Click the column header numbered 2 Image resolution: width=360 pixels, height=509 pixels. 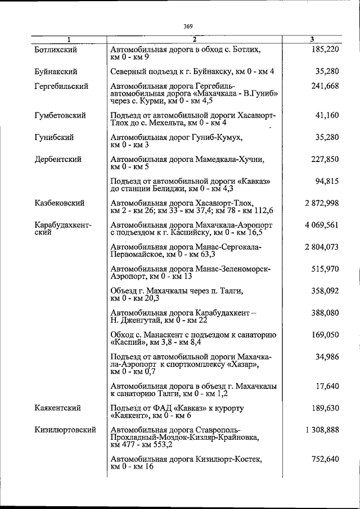click(x=194, y=39)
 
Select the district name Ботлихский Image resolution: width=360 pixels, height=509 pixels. click(x=55, y=50)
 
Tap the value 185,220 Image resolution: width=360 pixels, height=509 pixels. click(x=325, y=50)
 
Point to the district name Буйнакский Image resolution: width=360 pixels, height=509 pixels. click(x=55, y=71)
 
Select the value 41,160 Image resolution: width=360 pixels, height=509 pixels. click(x=327, y=115)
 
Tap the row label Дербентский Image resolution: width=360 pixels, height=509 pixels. click(x=57, y=159)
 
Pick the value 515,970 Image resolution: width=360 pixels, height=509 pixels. click(x=325, y=269)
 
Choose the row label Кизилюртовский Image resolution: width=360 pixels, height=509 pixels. click(x=64, y=430)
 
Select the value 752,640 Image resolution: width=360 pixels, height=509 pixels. click(x=325, y=459)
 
